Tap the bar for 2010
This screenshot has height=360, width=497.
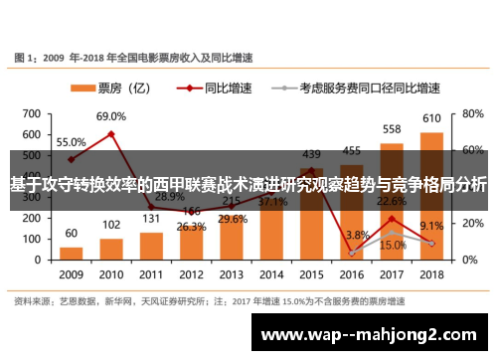coord(110,247)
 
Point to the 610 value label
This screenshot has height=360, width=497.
coord(431,119)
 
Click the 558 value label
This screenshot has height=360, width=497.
coord(392,129)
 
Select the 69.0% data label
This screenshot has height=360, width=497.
coord(110,116)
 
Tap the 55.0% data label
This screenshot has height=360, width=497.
coord(70,142)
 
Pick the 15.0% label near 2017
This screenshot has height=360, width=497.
coord(393,245)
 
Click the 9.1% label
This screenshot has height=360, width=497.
coord(432,226)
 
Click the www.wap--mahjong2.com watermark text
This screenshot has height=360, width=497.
coord(374,334)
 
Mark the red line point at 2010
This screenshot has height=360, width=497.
coord(110,133)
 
